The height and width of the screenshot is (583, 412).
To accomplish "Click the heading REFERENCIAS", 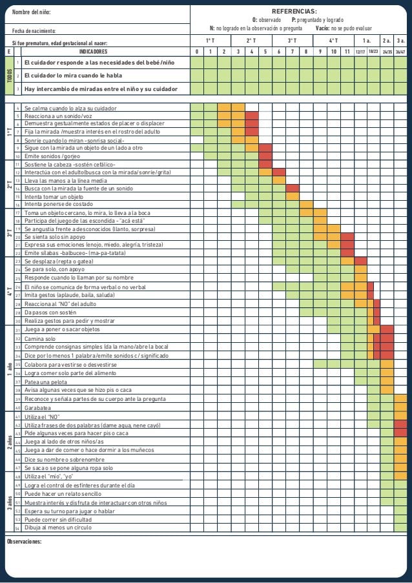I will tap(294, 12).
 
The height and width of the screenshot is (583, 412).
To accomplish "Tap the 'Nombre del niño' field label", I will tap(30, 12).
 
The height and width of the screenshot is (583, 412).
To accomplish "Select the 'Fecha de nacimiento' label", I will tap(34, 31).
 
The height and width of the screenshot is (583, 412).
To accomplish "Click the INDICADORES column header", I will tap(93, 51).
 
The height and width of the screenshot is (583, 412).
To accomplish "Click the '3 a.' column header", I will tap(400, 40).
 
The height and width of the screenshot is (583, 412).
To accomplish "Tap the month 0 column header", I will tap(197, 51).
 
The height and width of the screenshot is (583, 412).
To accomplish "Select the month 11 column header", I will tap(347, 51).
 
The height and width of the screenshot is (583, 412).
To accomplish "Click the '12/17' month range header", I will tap(360, 51).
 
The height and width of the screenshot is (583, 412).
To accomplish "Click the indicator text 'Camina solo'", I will tap(40, 339).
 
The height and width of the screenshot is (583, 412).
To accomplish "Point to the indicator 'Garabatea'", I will tap(37, 407).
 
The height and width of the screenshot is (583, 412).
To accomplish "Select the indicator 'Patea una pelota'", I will tap(44, 382).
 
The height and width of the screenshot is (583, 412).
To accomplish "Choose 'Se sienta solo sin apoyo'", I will tap(54, 237).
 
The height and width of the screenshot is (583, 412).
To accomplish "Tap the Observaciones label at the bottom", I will tap(24, 542).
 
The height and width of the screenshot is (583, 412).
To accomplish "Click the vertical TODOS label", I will tap(9, 76).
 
